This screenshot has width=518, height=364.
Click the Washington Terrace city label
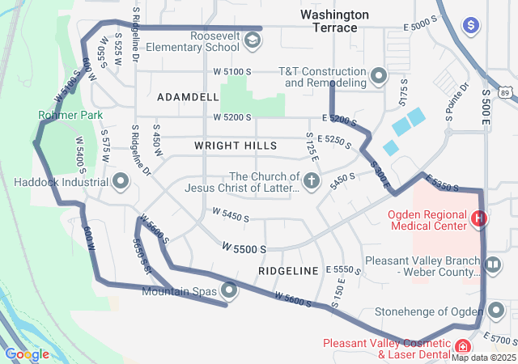(334, 22)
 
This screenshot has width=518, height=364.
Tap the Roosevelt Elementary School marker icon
(253, 40)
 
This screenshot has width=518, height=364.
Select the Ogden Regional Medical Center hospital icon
(478, 218)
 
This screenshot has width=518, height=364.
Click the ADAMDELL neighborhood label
(188, 97)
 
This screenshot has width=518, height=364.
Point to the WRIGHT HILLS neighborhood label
(236, 146)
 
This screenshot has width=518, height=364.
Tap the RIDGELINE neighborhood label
(289, 270)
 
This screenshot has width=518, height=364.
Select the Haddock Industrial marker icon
(121, 180)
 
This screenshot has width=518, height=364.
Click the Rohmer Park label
(70, 116)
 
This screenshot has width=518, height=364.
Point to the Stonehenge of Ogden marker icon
(495, 311)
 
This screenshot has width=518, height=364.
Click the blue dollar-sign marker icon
(469, 26)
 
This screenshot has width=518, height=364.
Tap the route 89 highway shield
(505, 93)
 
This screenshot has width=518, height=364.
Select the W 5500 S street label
(244, 248)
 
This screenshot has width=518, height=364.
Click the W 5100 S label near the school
(231, 71)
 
